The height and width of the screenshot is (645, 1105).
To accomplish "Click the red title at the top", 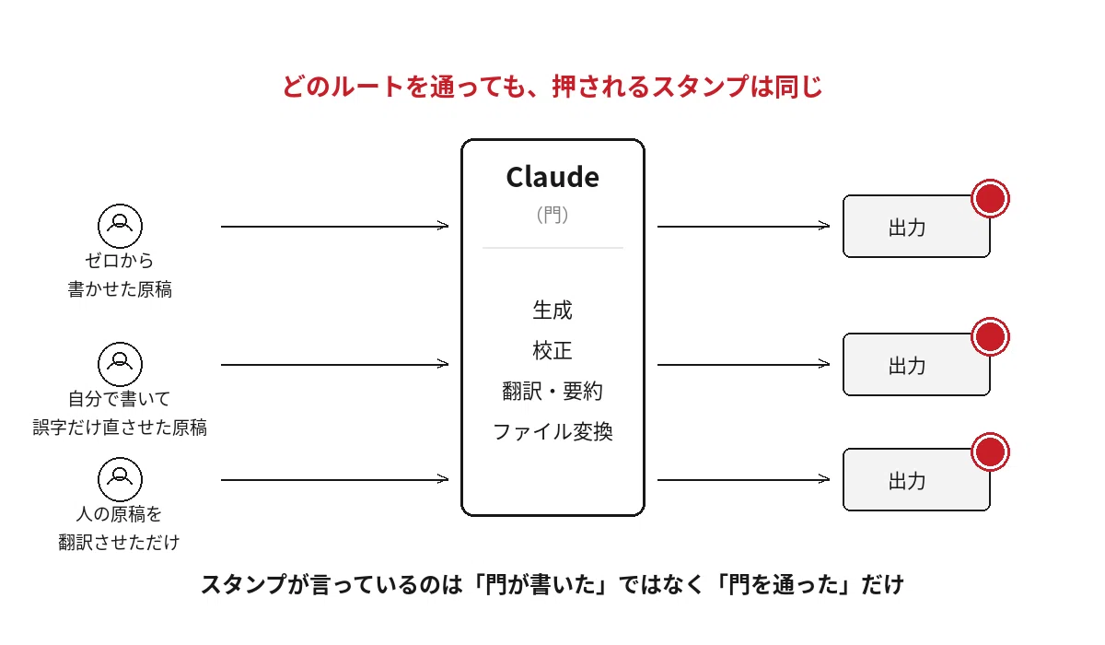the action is point(552,87).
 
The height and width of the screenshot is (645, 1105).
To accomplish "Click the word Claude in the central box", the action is point(552,177).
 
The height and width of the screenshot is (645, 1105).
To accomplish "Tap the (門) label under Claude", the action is point(552,215).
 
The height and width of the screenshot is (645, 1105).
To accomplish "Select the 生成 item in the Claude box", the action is point(552,311).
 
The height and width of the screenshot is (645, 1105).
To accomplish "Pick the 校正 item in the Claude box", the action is point(552,351).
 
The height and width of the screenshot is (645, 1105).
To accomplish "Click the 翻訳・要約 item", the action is point(552,392).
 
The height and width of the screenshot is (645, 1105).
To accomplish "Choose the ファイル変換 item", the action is point(552,432).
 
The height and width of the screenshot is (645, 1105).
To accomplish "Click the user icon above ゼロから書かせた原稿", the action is point(120,226).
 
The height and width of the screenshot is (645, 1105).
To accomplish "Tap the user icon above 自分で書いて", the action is point(120,364).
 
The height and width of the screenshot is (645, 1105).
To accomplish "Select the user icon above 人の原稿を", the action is point(120,479).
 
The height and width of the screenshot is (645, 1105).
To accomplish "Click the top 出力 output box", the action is point(916,227).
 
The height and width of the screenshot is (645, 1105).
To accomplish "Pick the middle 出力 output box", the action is point(916,365).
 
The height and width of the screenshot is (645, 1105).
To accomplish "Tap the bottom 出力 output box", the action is point(916,480).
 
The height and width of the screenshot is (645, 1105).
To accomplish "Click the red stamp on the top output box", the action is point(990,198).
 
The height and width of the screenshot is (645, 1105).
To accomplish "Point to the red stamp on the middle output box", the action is point(990,336).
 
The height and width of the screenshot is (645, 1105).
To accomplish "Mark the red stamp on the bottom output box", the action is point(990,452).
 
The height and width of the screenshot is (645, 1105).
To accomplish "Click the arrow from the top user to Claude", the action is point(334,226).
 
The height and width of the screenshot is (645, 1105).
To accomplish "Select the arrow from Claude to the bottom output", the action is point(743,479).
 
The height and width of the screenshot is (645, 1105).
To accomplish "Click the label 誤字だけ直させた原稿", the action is point(120,428).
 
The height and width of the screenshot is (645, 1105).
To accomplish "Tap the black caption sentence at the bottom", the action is point(552,585).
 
